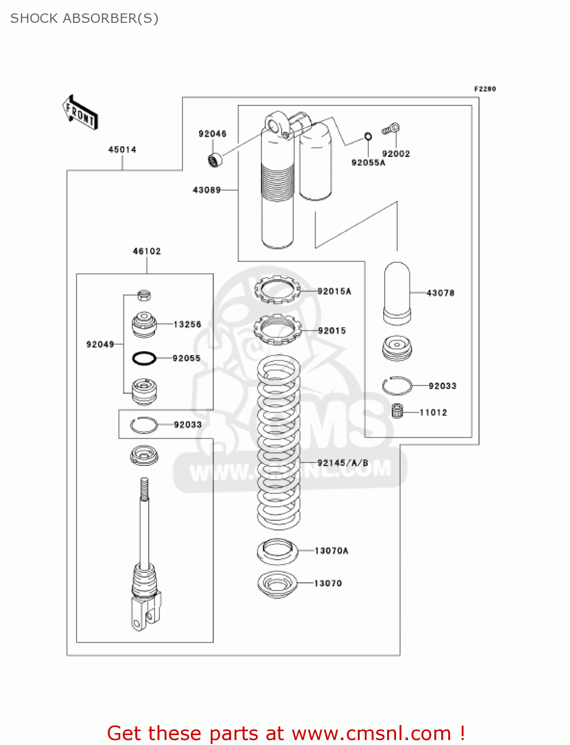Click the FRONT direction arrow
[x=80, y=113]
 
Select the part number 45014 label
[x=122, y=149]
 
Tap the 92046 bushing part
[x=215, y=160]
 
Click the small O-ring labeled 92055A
[x=368, y=137]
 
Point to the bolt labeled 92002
[x=391, y=129]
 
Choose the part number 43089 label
[x=207, y=190]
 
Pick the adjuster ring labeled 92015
[x=277, y=329]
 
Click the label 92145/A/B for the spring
[x=343, y=463]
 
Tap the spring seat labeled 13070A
[x=277, y=551]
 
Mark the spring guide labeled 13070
[x=277, y=584]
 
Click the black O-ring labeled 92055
[x=144, y=358]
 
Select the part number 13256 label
[x=187, y=324]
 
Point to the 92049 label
[x=100, y=344]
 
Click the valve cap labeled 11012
[x=397, y=411]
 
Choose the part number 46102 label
[x=147, y=251]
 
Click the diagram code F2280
[x=485, y=89]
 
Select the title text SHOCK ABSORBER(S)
[x=84, y=18]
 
